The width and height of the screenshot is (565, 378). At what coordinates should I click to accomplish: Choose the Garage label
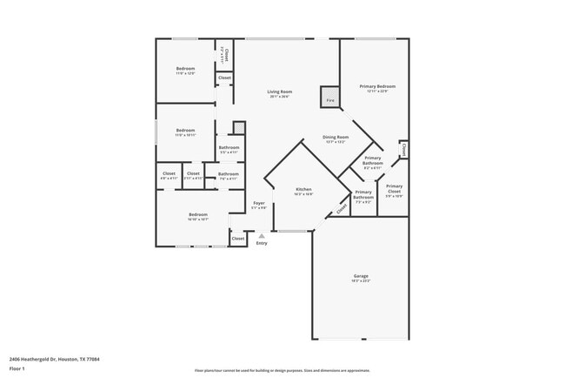click(x=360, y=276)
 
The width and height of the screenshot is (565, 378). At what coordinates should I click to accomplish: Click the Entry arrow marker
click(x=262, y=235)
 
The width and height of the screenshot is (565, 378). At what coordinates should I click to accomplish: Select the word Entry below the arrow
click(x=262, y=243)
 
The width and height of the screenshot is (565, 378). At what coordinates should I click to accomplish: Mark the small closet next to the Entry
click(x=237, y=238)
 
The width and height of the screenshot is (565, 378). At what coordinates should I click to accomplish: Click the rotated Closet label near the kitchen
click(x=342, y=207)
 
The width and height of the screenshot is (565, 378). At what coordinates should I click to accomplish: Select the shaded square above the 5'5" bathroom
click(x=240, y=128)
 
